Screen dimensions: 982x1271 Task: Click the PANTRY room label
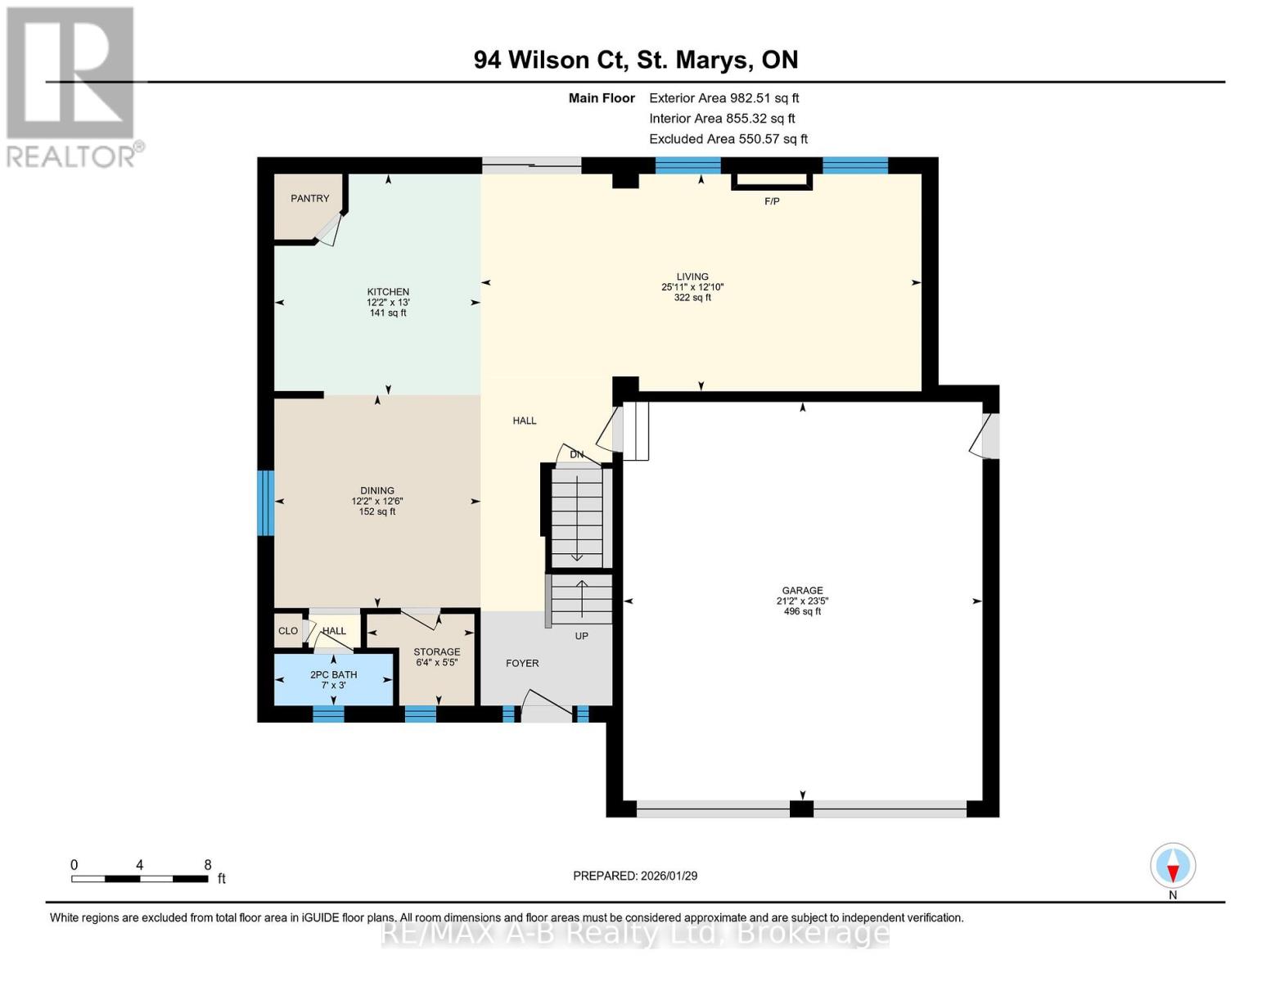(x=309, y=199)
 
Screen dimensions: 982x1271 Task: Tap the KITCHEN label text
(x=388, y=292)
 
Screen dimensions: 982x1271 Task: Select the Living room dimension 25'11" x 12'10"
(x=692, y=287)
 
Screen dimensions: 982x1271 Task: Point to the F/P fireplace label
(x=772, y=201)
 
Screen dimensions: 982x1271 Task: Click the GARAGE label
(x=802, y=590)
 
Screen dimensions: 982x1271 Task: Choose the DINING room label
(x=376, y=491)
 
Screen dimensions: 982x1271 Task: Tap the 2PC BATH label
(x=333, y=675)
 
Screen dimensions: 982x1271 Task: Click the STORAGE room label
(x=436, y=652)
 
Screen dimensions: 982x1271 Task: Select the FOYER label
(x=522, y=664)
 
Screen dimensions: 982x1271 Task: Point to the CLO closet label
(x=288, y=631)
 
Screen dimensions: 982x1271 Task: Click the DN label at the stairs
(x=577, y=455)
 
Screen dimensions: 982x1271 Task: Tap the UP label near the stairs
(x=581, y=636)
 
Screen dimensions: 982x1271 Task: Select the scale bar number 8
(x=208, y=865)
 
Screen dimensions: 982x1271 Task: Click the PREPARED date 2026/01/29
(x=635, y=876)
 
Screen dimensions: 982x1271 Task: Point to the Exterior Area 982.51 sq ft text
(x=723, y=98)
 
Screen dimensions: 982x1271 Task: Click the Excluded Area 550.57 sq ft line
(x=728, y=139)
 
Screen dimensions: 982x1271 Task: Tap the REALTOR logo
(x=73, y=86)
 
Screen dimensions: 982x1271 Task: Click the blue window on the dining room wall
(x=265, y=503)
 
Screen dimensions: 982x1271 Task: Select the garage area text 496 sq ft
(x=802, y=611)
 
